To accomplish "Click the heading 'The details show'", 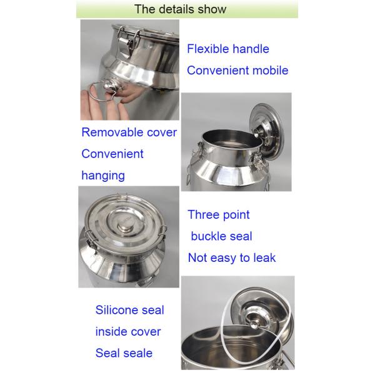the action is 181,9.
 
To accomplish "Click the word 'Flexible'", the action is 208,49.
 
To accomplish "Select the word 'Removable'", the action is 112,132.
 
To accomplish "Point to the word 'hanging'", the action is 103,176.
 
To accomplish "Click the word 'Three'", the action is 202,214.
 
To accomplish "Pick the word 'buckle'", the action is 209,236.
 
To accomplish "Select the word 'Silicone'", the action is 116,310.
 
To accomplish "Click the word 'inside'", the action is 110,332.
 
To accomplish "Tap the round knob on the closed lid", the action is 126,226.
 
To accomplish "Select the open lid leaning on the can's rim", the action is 267,131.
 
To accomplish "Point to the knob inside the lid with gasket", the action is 254,324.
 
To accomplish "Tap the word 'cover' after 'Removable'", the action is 162,132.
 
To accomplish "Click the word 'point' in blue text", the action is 235,215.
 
